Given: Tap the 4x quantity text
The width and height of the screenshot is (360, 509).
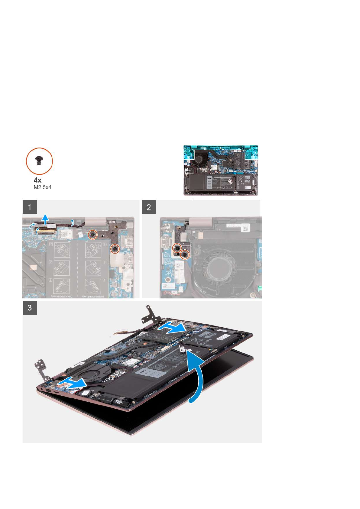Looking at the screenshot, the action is click(37, 180).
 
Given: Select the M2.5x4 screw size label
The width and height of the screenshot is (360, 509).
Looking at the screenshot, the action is click(42, 187).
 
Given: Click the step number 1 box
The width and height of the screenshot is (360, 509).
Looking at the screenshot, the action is click(30, 207).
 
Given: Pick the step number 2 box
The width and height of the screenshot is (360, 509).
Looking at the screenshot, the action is click(149, 207).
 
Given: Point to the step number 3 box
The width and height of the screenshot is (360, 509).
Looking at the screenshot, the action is click(30, 308).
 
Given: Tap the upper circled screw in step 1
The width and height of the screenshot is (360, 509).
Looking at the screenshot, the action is click(93, 235).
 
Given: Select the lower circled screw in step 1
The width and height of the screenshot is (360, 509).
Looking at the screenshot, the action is click(115, 249).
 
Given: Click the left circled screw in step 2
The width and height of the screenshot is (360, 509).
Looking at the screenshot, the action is click(176, 248).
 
